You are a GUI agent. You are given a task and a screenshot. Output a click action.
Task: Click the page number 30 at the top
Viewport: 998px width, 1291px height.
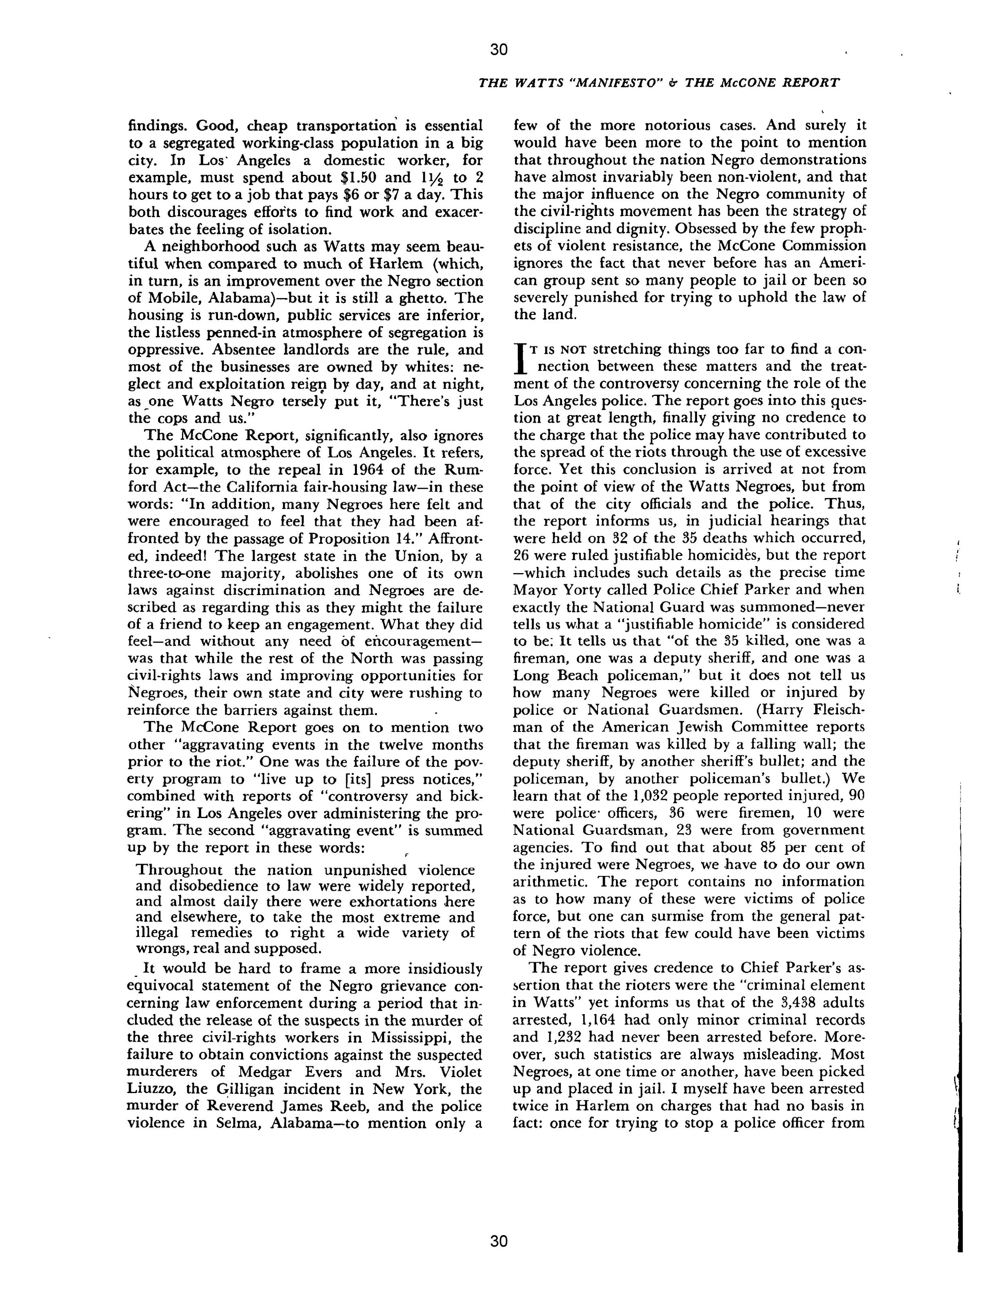(x=499, y=49)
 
